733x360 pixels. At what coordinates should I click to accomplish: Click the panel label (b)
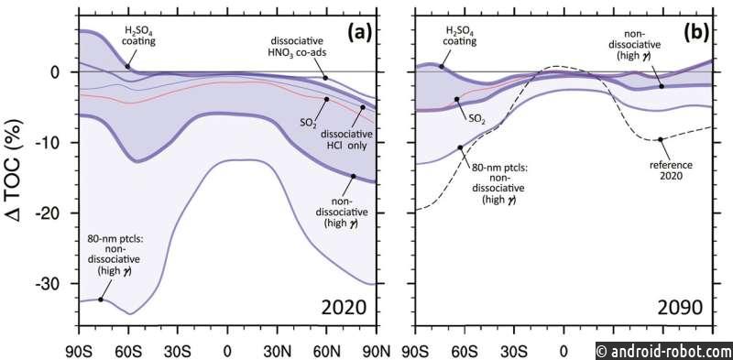click(x=694, y=33)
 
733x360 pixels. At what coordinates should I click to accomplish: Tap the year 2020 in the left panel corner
click(x=344, y=309)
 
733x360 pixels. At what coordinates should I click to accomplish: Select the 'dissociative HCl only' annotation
click(x=346, y=140)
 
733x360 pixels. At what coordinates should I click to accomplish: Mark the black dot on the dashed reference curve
click(x=660, y=139)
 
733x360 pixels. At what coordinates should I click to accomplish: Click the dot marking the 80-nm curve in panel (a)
click(x=101, y=300)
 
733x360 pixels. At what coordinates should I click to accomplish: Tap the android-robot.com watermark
click(x=664, y=350)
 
